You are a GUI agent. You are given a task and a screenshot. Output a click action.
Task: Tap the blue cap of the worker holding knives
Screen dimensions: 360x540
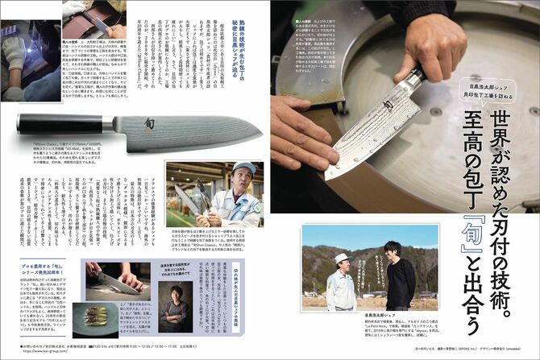coord(243,168)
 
